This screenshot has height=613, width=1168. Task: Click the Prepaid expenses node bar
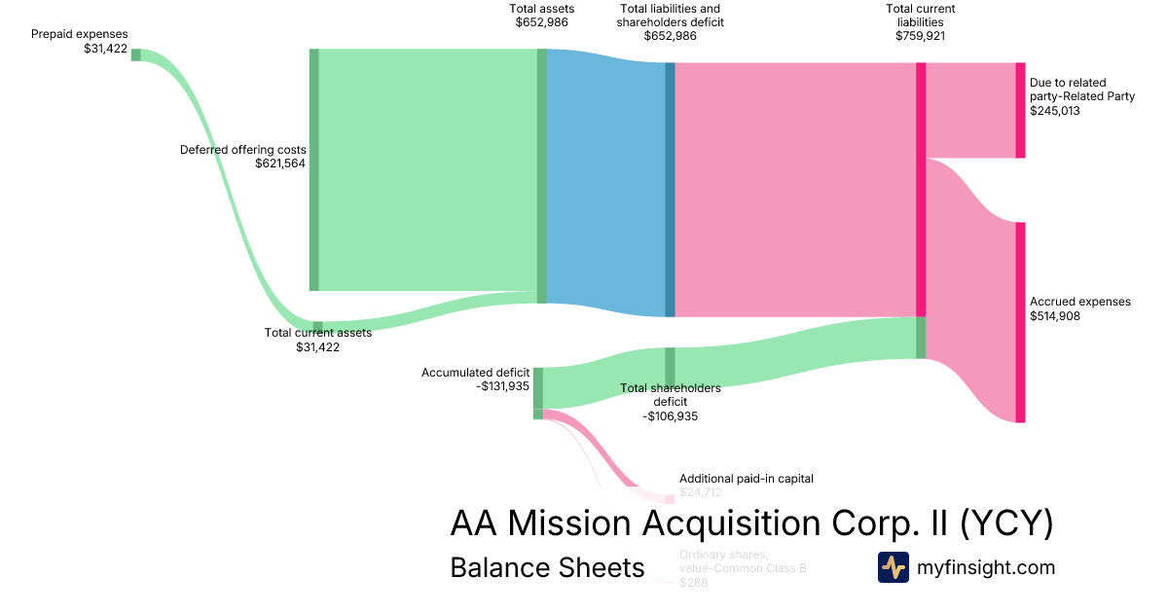(x=136, y=54)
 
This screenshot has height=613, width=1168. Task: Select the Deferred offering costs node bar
(x=313, y=169)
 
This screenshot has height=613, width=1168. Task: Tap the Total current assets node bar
(x=317, y=327)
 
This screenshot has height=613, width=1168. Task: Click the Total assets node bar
(x=542, y=175)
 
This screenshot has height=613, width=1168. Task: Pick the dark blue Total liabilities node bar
(x=670, y=190)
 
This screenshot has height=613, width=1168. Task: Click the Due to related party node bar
(x=1020, y=110)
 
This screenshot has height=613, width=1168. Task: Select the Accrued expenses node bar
(x=1020, y=322)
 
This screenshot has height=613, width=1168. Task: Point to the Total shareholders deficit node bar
(x=670, y=367)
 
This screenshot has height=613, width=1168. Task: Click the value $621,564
(x=280, y=164)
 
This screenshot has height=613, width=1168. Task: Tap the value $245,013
(x=1055, y=111)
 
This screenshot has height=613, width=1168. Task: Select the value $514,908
(x=1055, y=316)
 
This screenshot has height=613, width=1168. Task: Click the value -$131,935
(x=503, y=386)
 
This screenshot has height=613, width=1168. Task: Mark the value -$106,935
(x=670, y=416)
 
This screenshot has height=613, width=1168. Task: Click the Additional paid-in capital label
(x=746, y=479)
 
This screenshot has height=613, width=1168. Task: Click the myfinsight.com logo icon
(x=893, y=567)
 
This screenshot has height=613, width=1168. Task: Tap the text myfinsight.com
(x=986, y=567)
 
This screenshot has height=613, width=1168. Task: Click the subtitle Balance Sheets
(x=547, y=567)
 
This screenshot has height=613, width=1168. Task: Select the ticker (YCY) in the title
(x=1006, y=524)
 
